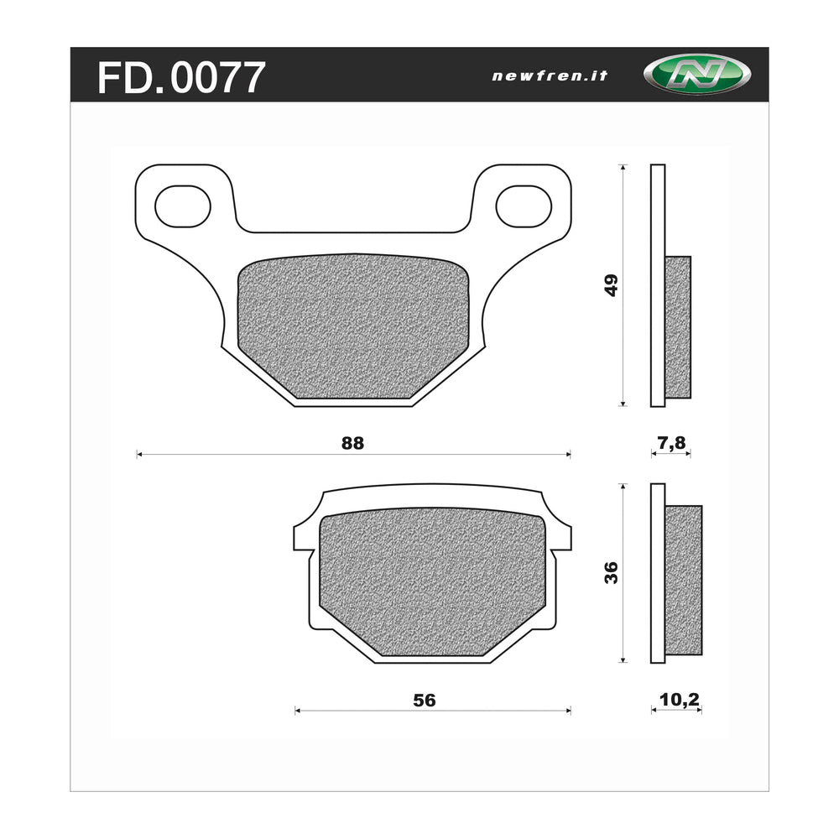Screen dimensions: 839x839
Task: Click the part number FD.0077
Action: pyautogui.click(x=181, y=77)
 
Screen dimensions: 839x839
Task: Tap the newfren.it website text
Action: pyautogui.click(x=549, y=76)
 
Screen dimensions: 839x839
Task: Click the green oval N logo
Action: pyautogui.click(x=696, y=76)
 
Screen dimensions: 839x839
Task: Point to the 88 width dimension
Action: pyautogui.click(x=353, y=443)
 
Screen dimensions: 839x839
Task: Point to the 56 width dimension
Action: pyautogui.click(x=425, y=700)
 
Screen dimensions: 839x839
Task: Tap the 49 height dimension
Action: pyautogui.click(x=612, y=285)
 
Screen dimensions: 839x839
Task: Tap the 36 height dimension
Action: pyautogui.click(x=612, y=573)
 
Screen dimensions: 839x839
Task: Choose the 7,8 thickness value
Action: pyautogui.click(x=670, y=443)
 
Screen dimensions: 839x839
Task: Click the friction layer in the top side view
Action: pyautogui.click(x=678, y=327)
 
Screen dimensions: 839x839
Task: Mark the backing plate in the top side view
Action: pyautogui.click(x=658, y=285)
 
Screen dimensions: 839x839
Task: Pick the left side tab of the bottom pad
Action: pyautogui.click(x=302, y=537)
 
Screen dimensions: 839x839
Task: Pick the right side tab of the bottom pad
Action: pyautogui.click(x=563, y=537)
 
